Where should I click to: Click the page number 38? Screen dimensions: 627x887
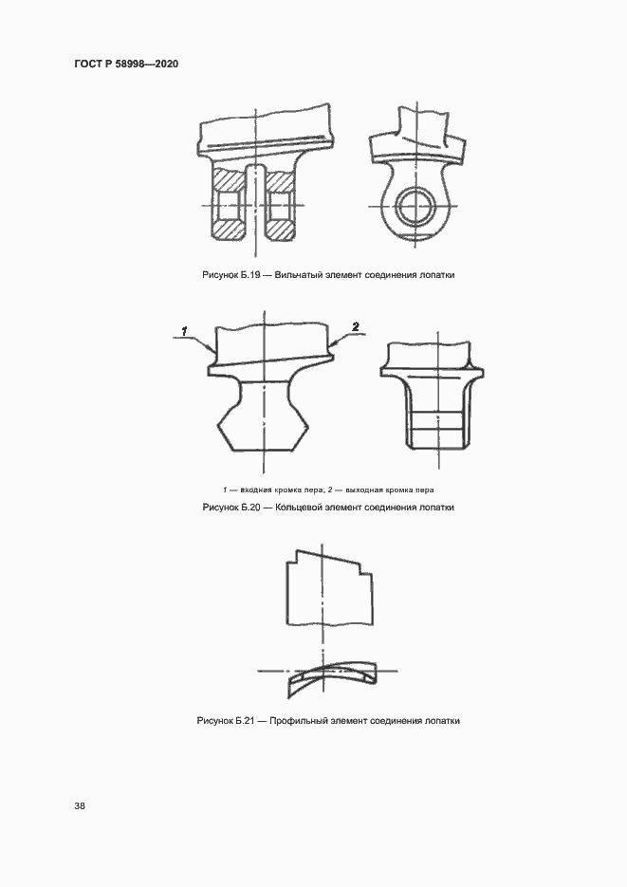[x=80, y=805]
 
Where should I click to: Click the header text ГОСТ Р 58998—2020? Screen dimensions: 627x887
[x=127, y=64]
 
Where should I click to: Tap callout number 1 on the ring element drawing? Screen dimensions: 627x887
[x=185, y=330]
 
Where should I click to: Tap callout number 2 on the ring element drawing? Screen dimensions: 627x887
[x=355, y=326]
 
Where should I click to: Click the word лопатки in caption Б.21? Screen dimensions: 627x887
[x=443, y=721]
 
